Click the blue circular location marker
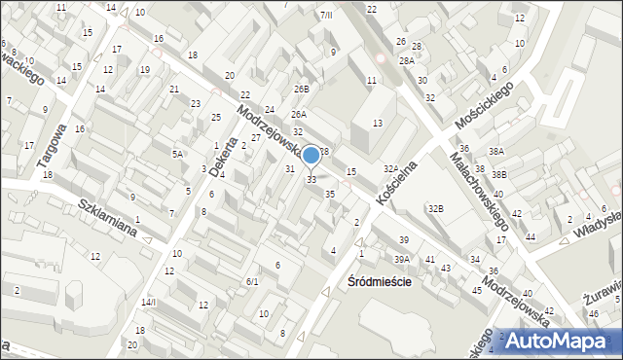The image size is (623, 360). (311, 155)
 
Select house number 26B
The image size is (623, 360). (302, 89)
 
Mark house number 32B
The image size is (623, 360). (436, 208)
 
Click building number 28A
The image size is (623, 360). (406, 60)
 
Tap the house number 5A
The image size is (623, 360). (178, 154)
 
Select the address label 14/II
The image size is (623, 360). (148, 303)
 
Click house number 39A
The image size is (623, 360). (402, 259)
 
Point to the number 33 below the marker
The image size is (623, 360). (311, 179)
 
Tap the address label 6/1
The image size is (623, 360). (251, 281)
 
